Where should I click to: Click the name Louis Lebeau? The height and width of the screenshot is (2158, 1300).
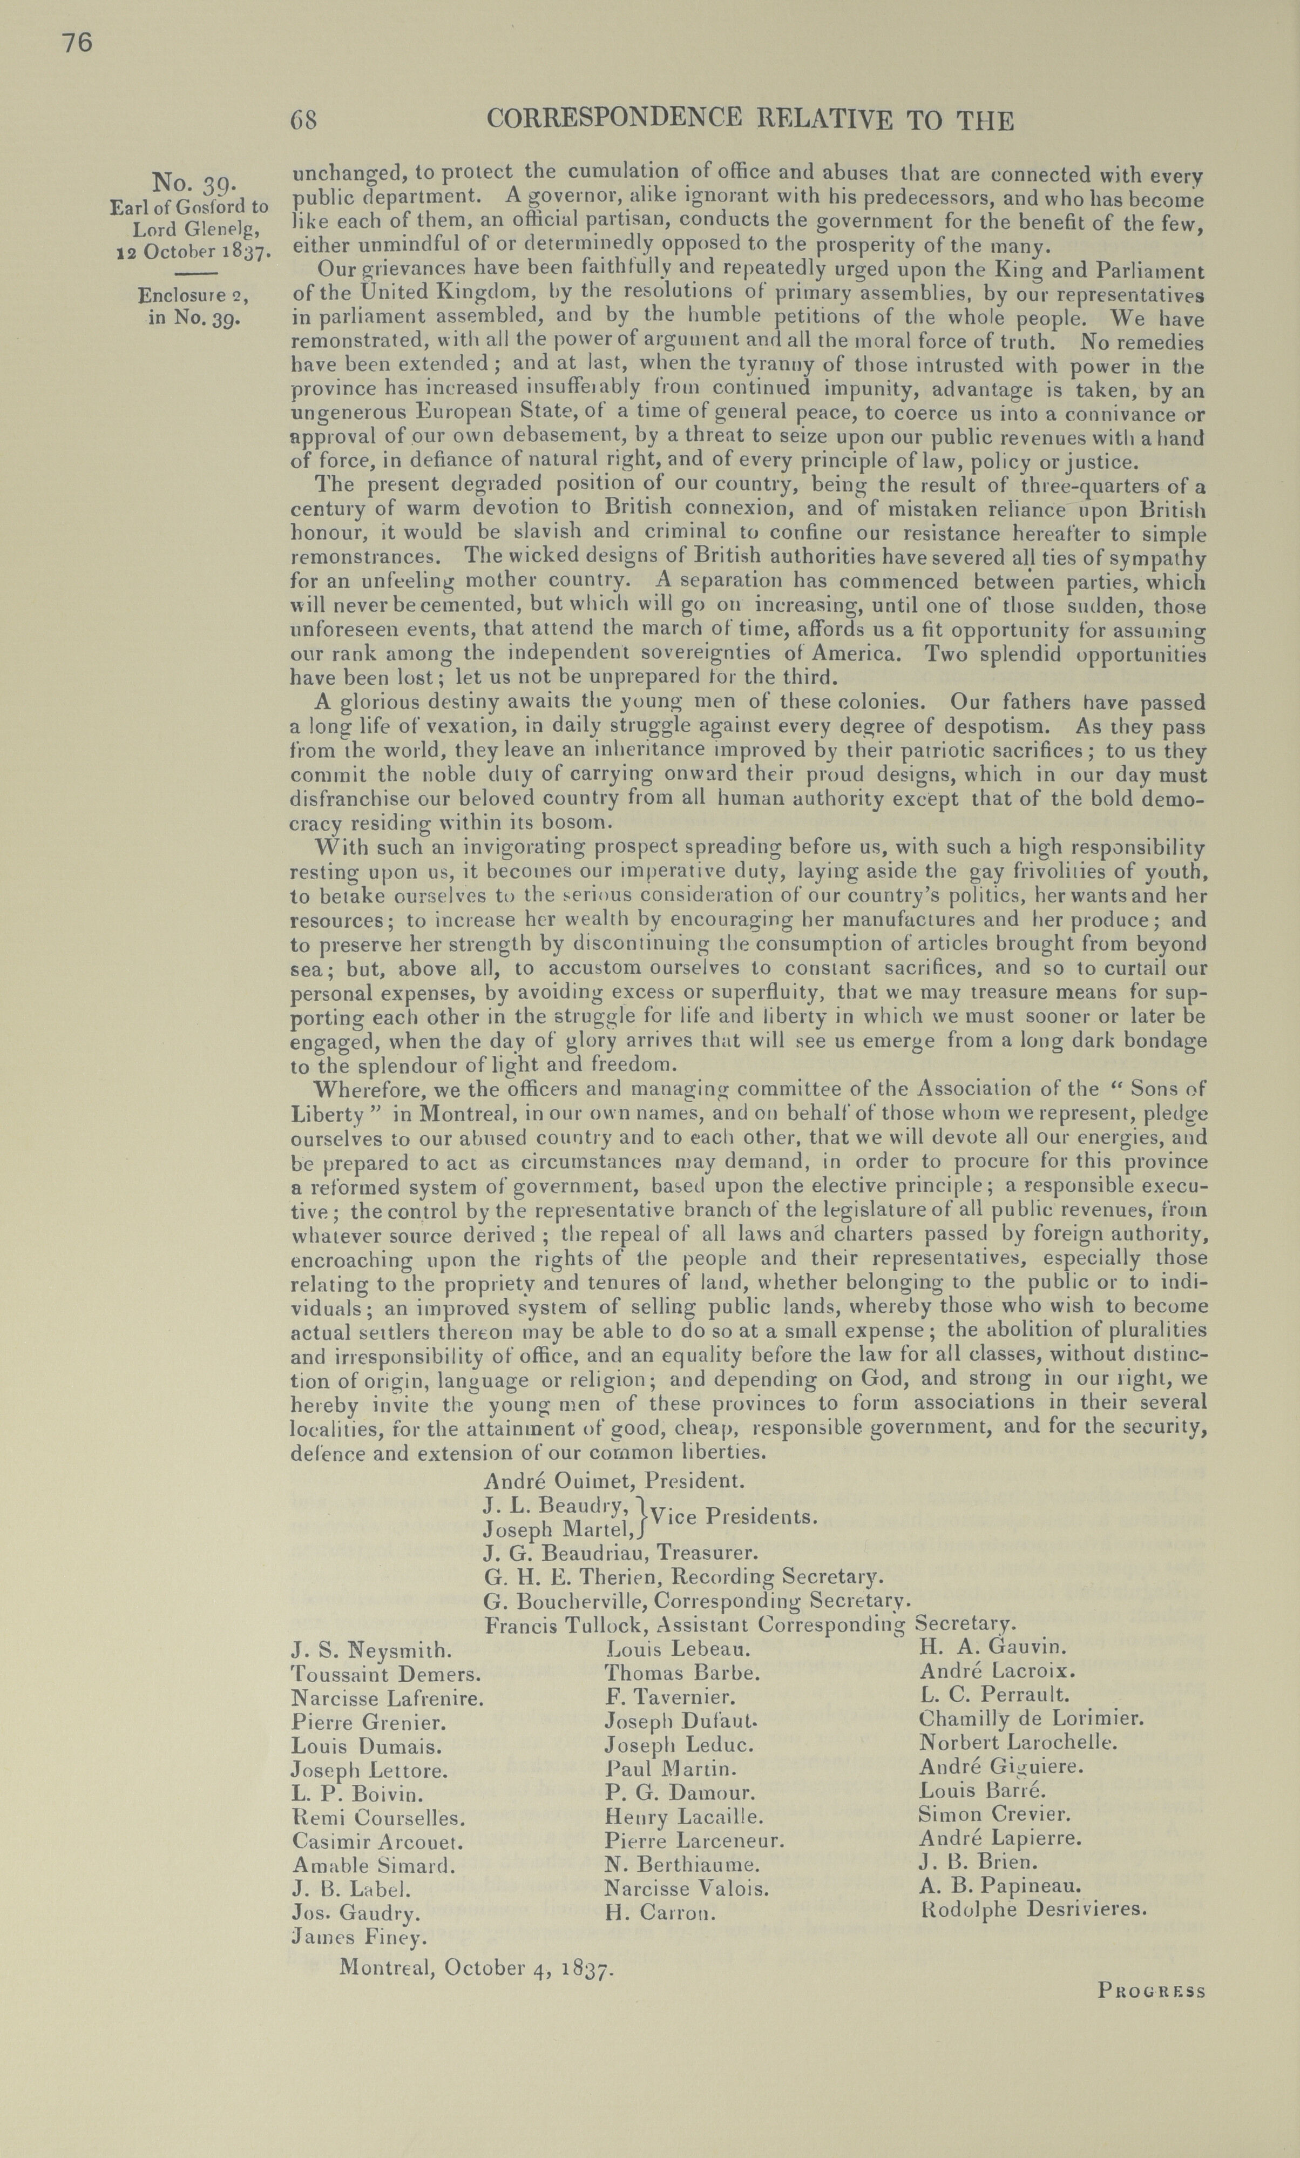[679, 1648]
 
